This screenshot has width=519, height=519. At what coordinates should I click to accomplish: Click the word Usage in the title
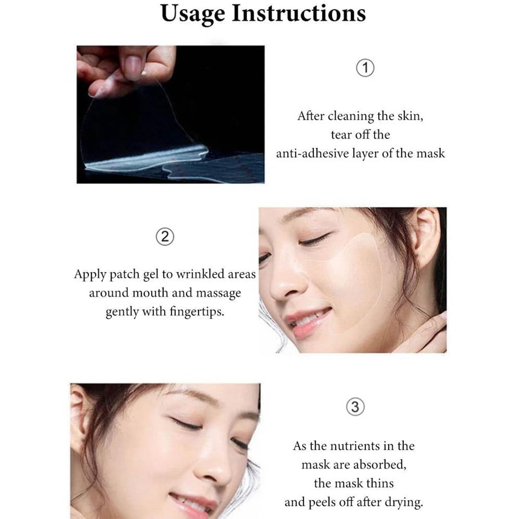[193, 14]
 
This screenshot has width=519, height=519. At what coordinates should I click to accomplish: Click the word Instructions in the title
[299, 14]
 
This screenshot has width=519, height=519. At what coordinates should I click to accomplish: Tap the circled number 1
[365, 68]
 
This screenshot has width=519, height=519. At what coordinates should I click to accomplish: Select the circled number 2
[165, 237]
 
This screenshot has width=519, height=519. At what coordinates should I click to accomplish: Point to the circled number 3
[355, 407]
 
